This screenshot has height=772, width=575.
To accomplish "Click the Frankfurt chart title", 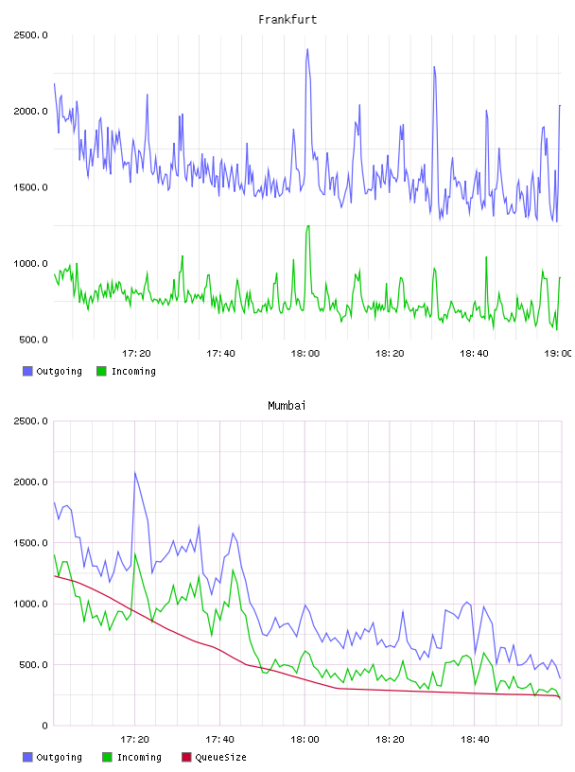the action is pos(287,20).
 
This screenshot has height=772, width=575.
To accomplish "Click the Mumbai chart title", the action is pos(287,406).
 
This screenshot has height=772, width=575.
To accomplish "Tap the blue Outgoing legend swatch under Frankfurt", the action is pos(27,371).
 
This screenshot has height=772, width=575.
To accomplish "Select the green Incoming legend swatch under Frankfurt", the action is pos(101,371).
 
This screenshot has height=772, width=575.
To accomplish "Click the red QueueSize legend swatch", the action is pos(186,757).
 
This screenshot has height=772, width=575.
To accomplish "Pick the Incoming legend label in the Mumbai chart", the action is pos(139,757).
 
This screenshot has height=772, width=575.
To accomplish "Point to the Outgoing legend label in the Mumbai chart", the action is pos(59,757).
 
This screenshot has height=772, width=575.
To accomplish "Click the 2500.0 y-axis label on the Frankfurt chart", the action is pos(30,35).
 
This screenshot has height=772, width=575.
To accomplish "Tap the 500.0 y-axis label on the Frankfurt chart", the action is pos(33,340).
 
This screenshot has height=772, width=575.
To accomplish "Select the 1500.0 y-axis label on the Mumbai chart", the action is pos(30,542).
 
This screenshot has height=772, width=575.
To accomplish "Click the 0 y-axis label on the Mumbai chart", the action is pos(44,726).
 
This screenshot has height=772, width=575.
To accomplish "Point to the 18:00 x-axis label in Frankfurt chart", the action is pos(305,354).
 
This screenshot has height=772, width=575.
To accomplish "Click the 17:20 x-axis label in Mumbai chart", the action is pos(134,740).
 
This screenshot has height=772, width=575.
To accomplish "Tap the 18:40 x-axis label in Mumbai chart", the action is pos(475,740).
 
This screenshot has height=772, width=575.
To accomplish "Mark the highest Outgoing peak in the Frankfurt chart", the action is pos(307,49).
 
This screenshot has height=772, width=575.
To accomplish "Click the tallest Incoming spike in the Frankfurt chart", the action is pos(308,226).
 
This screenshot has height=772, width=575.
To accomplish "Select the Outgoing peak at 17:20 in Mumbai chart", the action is pos(135,472).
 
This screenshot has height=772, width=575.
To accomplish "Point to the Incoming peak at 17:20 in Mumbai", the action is pos(135,553).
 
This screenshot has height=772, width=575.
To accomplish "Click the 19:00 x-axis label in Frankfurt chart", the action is pos(558,354).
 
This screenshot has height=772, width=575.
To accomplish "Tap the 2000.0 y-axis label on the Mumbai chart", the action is pos(30,482).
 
